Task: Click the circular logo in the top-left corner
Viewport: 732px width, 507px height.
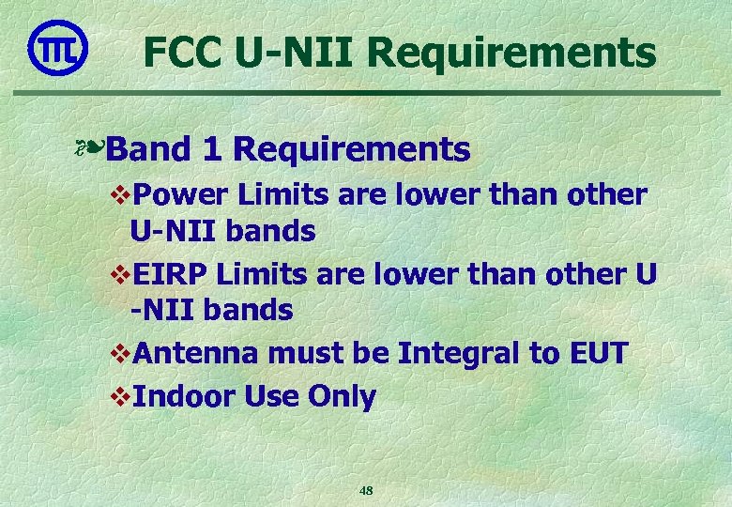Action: click(58, 48)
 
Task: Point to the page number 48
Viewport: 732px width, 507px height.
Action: click(366, 490)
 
